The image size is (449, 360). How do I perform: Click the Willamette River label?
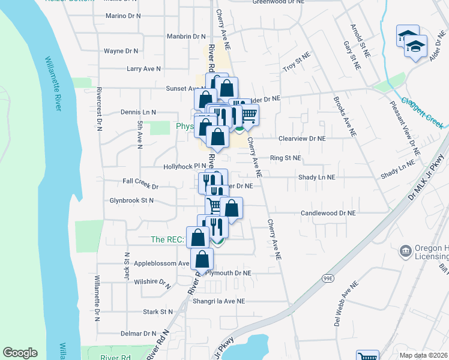[53, 83]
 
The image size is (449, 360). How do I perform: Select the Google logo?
[20, 353]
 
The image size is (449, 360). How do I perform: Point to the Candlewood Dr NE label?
[328, 213]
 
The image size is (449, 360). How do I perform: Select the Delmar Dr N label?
[138, 334]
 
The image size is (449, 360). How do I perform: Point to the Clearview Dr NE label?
[301, 138]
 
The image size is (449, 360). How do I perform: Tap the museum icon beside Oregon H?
[405, 250]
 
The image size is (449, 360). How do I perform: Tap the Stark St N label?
[158, 312]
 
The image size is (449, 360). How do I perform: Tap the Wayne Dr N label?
[121, 52]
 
